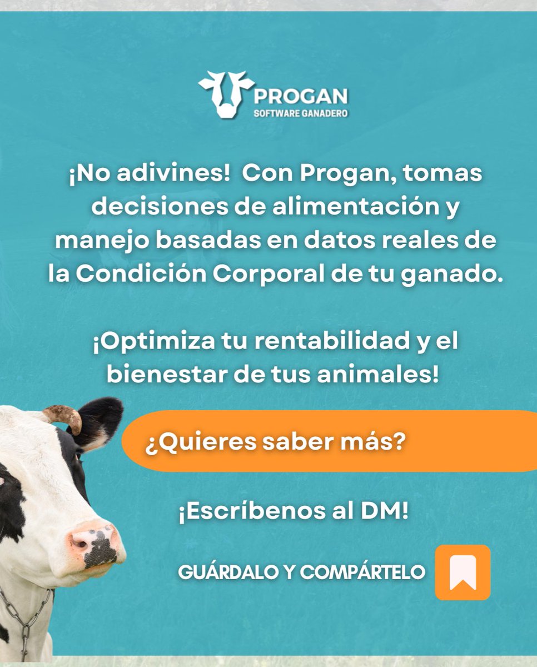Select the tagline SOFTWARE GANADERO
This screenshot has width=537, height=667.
click(301, 113)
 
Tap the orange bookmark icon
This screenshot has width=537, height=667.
click(463, 573)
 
